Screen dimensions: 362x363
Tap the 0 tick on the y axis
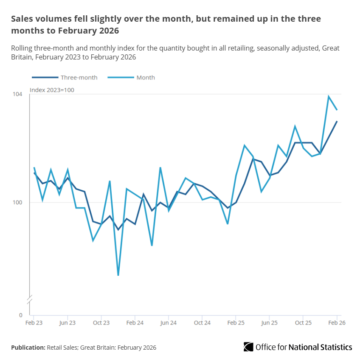pos(20,315)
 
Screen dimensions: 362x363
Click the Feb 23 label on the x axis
pos(34,323)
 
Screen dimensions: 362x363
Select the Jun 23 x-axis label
pos(68,323)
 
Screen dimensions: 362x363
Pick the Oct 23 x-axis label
pos(101,323)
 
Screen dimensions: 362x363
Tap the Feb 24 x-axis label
pos(135,323)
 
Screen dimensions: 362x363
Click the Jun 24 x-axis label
pos(169,323)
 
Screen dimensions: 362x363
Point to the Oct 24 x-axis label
pos(202,323)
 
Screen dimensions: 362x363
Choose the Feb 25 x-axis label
pos(236,323)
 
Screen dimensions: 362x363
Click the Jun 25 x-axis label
pos(269,323)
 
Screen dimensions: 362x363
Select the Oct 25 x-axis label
pos(303,323)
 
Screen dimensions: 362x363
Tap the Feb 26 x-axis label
pos(337,323)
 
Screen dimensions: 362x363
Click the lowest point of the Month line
pos(118,275)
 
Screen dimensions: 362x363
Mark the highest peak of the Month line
pos(328,96)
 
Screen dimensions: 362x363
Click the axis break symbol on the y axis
pos(29,299)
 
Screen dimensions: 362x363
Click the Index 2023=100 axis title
pos(52,90)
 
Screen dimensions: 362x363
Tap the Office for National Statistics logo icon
pos(248,347)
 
